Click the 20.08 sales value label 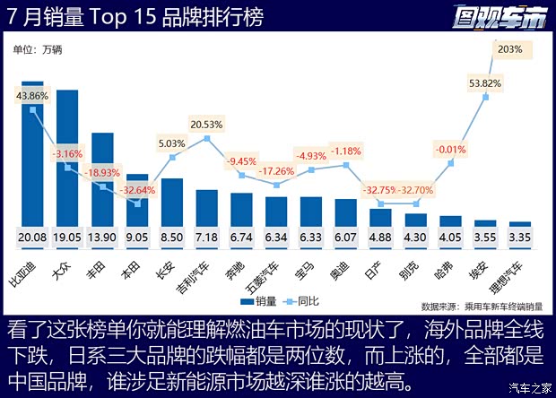[x=32, y=238]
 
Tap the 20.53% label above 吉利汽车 [x=206, y=124]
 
